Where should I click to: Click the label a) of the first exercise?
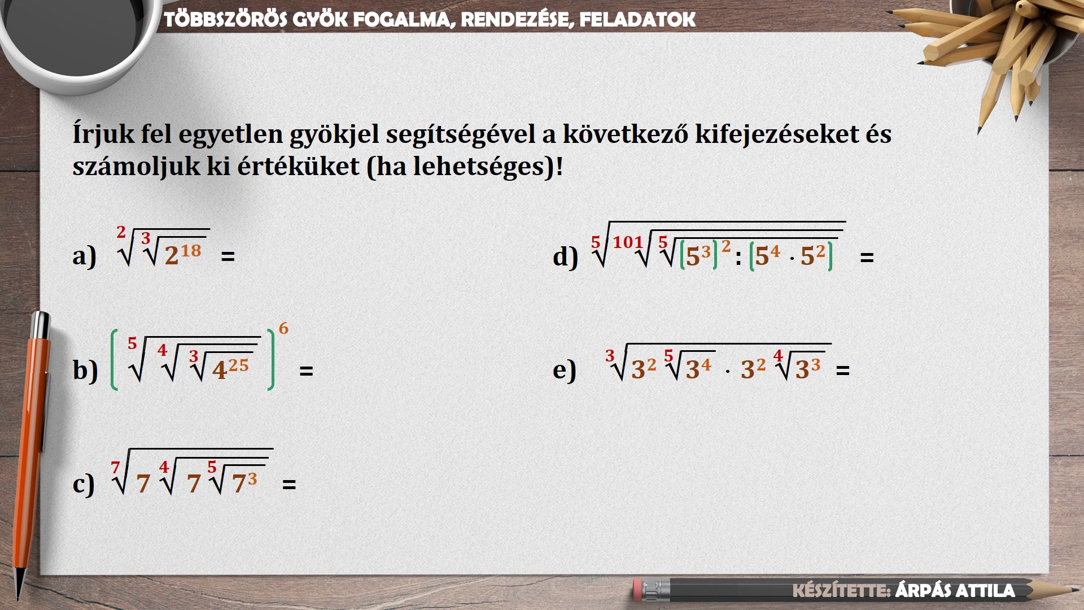[85, 256]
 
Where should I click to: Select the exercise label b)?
[85, 371]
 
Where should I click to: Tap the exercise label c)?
[84, 484]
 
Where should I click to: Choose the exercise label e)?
[565, 370]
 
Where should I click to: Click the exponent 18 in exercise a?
[191, 250]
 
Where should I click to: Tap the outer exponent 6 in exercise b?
[283, 328]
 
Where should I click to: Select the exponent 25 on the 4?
[238, 365]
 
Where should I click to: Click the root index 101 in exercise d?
[628, 242]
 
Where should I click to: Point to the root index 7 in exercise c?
[116, 468]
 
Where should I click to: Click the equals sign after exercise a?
[228, 256]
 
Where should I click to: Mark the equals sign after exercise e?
[842, 371]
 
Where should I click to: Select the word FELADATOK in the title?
[637, 20]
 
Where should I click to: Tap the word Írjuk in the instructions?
[103, 134]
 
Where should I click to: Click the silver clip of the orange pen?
[45, 384]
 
